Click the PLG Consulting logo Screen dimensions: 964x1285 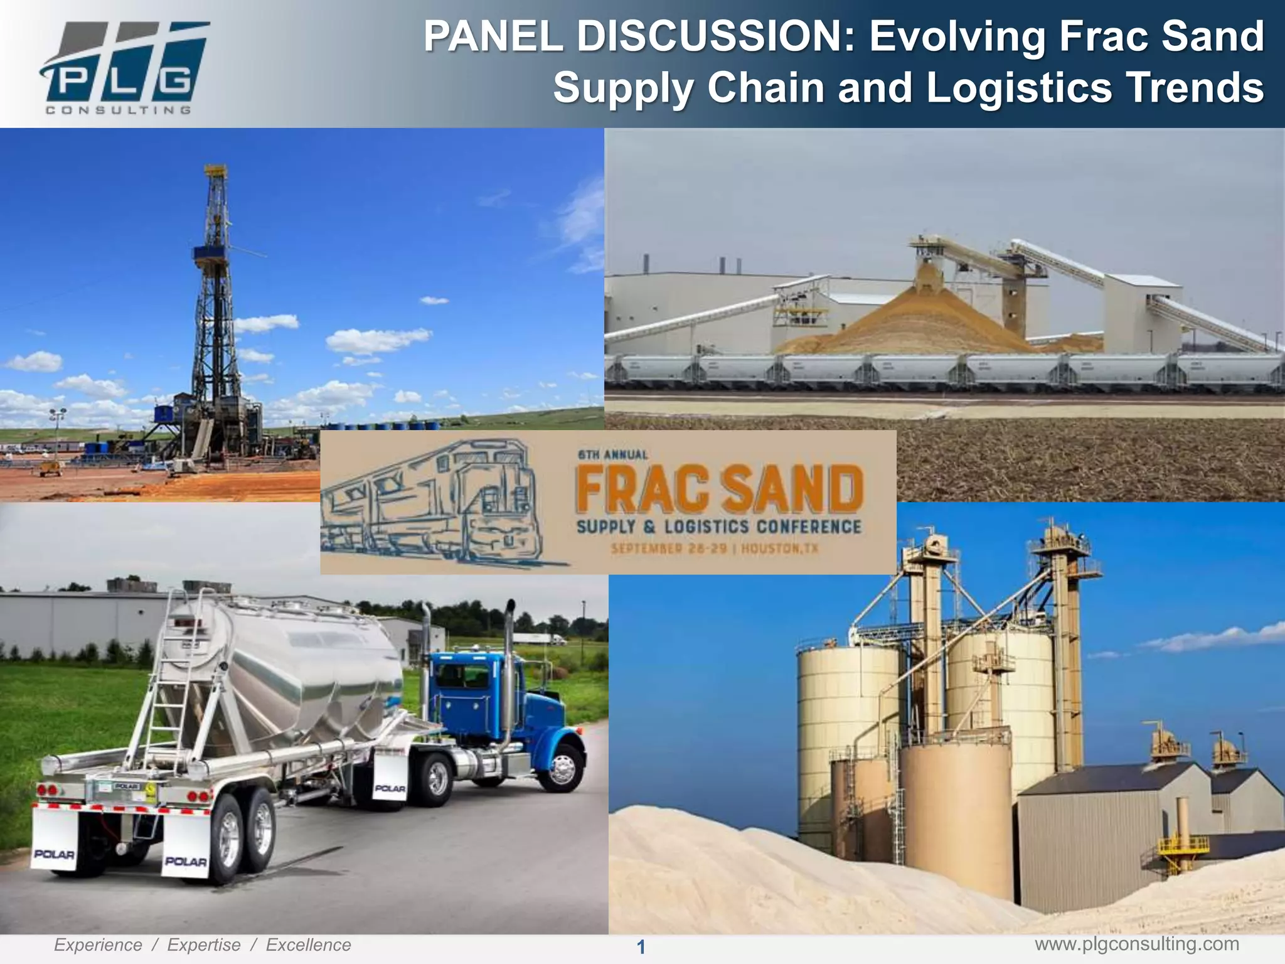click(x=122, y=66)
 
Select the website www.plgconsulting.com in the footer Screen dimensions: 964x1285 click(x=1136, y=944)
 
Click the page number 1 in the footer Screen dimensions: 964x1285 click(x=641, y=947)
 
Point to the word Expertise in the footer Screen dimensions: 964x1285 click(x=203, y=945)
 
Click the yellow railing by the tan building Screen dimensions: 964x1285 click(x=1183, y=844)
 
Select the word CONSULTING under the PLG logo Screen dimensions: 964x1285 click(x=118, y=110)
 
